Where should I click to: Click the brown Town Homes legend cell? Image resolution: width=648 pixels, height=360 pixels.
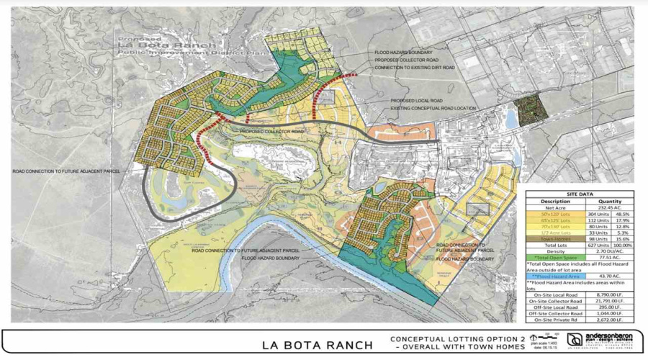pos(554,239)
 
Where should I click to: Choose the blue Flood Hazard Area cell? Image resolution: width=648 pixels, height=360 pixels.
pos(554,276)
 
